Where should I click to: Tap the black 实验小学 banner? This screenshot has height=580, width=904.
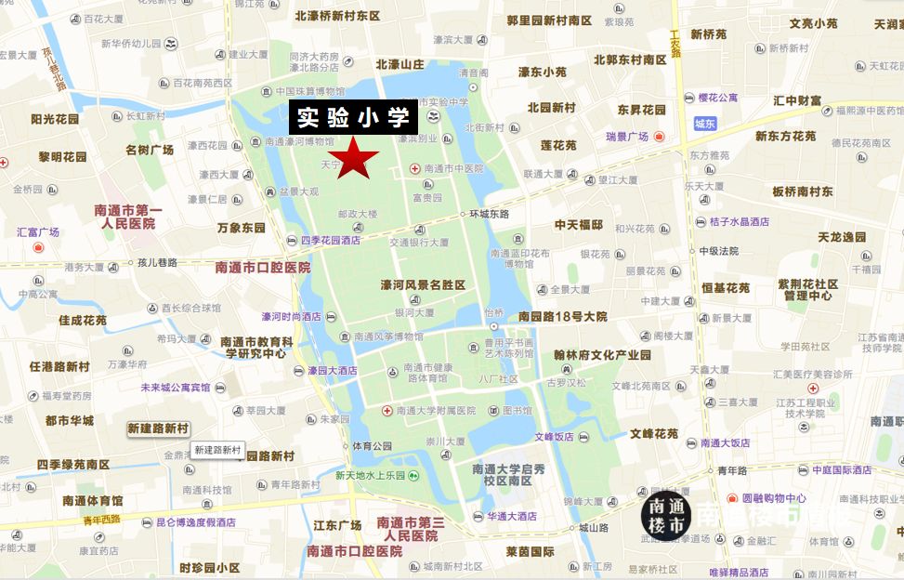pos(353,117)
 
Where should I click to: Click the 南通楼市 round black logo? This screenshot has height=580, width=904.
pos(665,518)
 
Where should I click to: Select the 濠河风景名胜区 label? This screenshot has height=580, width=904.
pos(422,284)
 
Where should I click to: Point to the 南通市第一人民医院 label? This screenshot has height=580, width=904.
pos(128,217)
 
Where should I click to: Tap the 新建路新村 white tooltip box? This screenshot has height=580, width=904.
pos(217,450)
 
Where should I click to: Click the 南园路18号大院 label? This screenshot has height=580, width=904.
pos(563,316)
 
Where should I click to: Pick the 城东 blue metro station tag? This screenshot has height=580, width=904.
pos(704,124)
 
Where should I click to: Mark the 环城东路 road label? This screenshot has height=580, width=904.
pos(491,214)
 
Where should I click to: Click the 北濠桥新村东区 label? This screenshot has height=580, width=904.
pos(338,16)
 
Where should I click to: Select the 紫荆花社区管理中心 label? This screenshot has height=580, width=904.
pos(807,290)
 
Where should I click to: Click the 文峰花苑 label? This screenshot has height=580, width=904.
pos(654,433)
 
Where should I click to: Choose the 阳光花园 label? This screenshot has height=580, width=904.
pos(56,118)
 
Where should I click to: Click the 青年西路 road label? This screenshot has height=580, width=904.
pos(102,519)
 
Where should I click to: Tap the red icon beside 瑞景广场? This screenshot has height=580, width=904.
pos(660,137)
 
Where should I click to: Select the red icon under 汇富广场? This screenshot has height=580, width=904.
pos(38,247)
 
